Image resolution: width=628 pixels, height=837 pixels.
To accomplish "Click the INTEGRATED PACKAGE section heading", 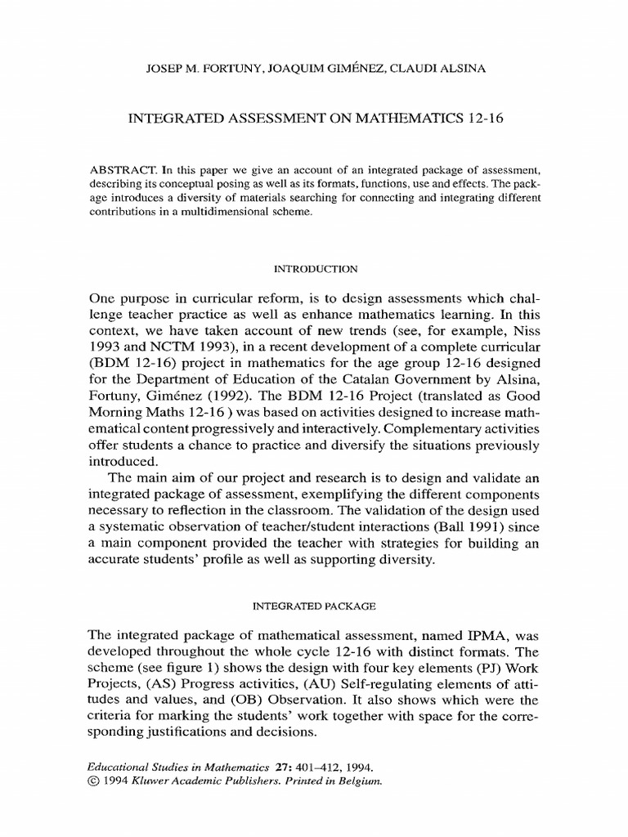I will (x=314, y=606).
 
